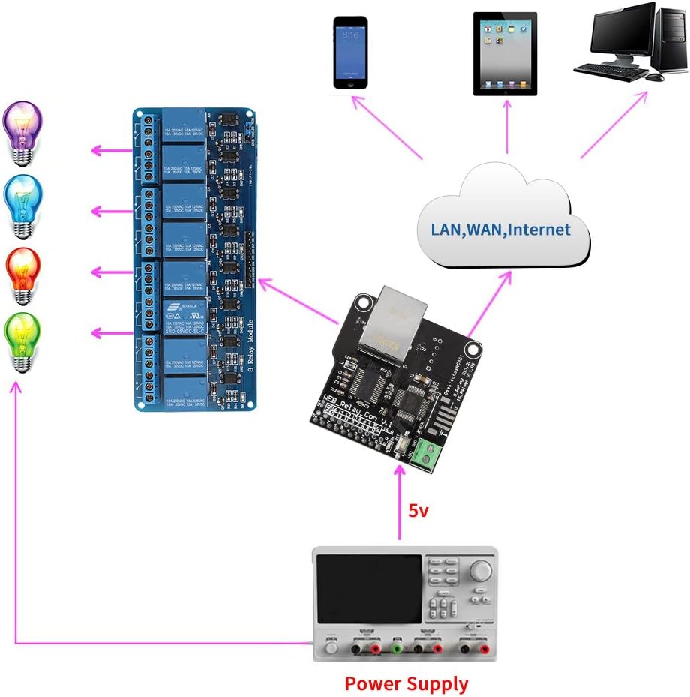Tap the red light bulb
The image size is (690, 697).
point(22,274)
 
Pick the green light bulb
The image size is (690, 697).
point(22,341)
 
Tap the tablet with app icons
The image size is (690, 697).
point(505,53)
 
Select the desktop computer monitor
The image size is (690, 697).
point(622,35)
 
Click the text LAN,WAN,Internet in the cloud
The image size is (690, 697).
point(500,229)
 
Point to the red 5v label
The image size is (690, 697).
point(418,511)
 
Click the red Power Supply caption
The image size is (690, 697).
point(406,683)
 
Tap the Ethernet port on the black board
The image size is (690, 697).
point(391,323)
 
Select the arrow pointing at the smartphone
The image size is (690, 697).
point(389,127)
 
